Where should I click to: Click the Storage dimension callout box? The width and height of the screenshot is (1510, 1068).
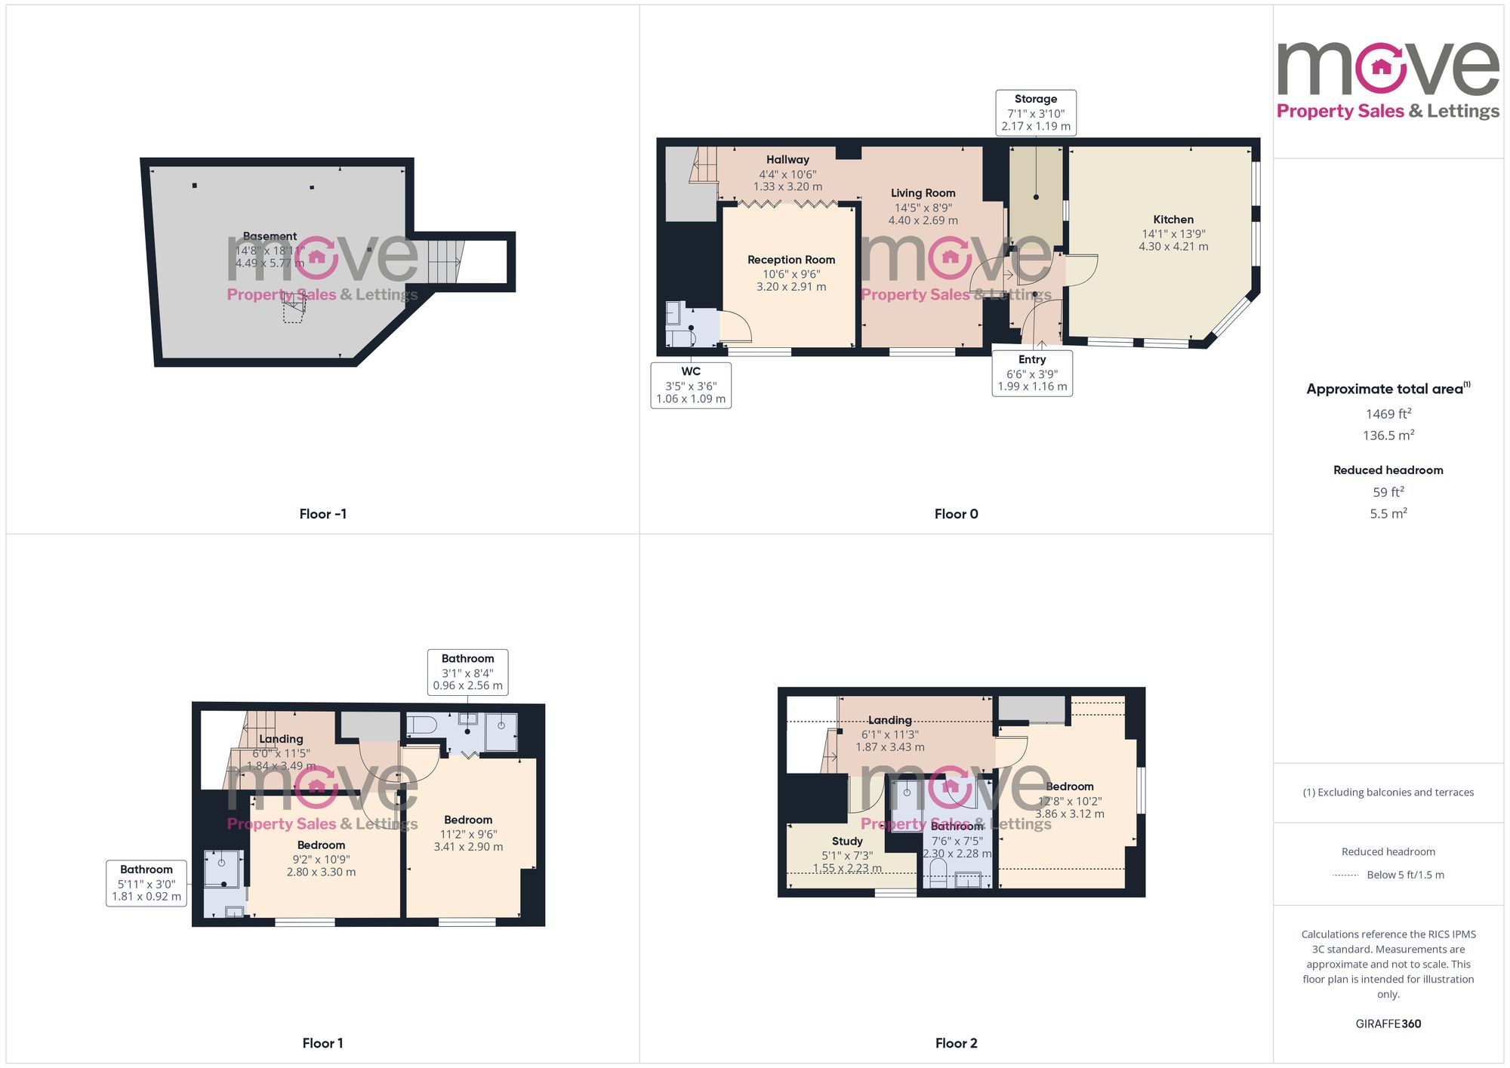click(x=1035, y=112)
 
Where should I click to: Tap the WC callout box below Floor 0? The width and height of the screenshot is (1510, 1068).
click(x=691, y=385)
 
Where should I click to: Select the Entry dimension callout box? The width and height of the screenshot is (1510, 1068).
click(x=1032, y=373)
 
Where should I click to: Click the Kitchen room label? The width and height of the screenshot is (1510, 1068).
click(x=1173, y=220)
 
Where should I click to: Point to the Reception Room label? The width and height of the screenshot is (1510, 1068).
click(x=791, y=260)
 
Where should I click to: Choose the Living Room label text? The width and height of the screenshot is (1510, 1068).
click(x=923, y=193)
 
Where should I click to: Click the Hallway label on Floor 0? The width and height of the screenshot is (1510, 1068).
click(x=787, y=160)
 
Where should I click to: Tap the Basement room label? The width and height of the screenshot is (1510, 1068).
click(x=270, y=236)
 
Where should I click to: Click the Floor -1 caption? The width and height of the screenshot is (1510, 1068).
click(x=322, y=514)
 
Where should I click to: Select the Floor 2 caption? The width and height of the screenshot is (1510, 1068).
click(x=956, y=1043)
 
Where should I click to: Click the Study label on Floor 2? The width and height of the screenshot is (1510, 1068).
click(x=847, y=841)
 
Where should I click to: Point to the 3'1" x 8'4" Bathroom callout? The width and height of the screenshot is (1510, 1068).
click(x=467, y=672)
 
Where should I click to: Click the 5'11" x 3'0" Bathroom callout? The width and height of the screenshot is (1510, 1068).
click(x=146, y=882)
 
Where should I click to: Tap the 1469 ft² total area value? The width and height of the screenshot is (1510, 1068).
click(x=1388, y=414)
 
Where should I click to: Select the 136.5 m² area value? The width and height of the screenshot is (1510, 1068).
click(x=1388, y=436)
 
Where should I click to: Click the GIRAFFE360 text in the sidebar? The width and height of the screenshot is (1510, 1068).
click(x=1388, y=1024)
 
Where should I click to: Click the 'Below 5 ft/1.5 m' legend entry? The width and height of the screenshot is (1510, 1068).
click(x=1404, y=875)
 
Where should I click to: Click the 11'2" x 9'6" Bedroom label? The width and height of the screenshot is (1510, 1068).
click(x=468, y=820)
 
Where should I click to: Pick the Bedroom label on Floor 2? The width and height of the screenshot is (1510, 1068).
click(x=1069, y=786)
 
